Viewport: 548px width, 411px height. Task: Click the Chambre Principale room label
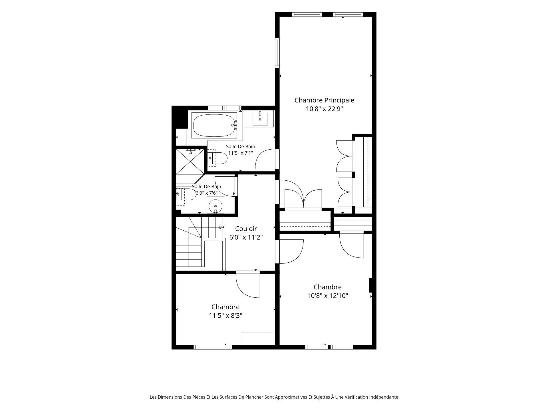pos(324,100)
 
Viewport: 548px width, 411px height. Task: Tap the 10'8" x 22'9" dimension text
pos(324,109)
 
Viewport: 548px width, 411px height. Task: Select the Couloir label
pos(246,229)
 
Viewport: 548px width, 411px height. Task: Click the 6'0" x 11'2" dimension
pos(246,237)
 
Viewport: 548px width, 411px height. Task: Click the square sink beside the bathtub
pos(260,119)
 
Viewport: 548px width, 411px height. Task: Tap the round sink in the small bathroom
pos(215,206)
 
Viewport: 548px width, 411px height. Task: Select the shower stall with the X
pos(190,161)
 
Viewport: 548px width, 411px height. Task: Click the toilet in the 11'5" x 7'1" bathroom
pos(217,158)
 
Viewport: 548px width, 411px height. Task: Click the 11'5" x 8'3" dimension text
pos(225,316)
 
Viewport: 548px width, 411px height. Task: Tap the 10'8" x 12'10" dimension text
pos(328,296)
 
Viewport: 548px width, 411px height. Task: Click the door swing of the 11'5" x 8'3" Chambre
pos(248,285)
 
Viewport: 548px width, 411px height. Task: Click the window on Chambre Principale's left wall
pos(277,53)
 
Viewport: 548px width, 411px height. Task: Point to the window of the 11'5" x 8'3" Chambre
pos(212,347)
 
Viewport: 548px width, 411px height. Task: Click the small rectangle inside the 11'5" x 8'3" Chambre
pos(257,339)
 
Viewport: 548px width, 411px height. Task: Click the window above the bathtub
pos(225,108)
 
